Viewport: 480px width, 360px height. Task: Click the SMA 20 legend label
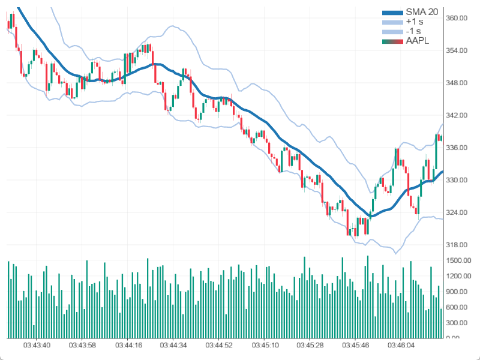(421, 12)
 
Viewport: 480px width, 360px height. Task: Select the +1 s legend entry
(413, 22)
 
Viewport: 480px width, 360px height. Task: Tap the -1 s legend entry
(413, 31)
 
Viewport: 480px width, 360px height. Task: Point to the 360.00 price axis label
(457, 18)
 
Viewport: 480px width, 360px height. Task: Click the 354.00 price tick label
(457, 50)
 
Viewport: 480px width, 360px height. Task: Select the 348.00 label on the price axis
(457, 83)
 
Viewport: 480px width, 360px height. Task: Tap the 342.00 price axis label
(457, 115)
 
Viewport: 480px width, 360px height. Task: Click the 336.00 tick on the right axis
(457, 148)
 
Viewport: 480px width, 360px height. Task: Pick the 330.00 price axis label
(457, 180)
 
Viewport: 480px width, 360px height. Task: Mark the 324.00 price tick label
(457, 212)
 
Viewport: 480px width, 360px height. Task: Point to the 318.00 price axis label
(457, 245)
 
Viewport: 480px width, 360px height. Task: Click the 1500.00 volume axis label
(458, 260)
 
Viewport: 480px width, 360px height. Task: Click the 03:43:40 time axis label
(37, 346)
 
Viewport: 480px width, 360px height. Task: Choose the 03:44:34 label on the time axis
(175, 346)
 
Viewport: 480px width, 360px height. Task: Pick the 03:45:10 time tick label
(266, 346)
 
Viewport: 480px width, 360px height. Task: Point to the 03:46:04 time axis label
(403, 346)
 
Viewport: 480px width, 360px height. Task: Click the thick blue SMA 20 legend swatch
(392, 12)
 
